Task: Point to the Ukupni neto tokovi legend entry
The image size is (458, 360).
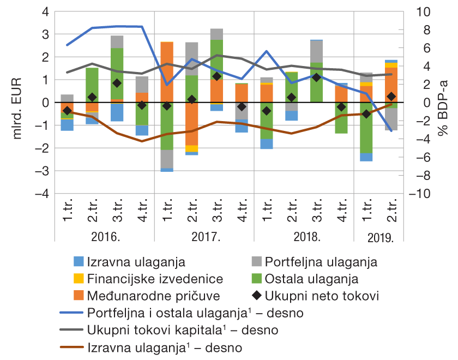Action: (x=322, y=296)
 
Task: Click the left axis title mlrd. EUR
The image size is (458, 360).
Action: (x=17, y=103)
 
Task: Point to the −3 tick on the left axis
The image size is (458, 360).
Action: (x=41, y=171)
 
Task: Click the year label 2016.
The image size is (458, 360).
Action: (x=105, y=238)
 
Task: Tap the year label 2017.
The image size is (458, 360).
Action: (x=204, y=238)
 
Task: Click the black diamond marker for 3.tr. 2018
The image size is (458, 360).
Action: (x=316, y=78)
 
